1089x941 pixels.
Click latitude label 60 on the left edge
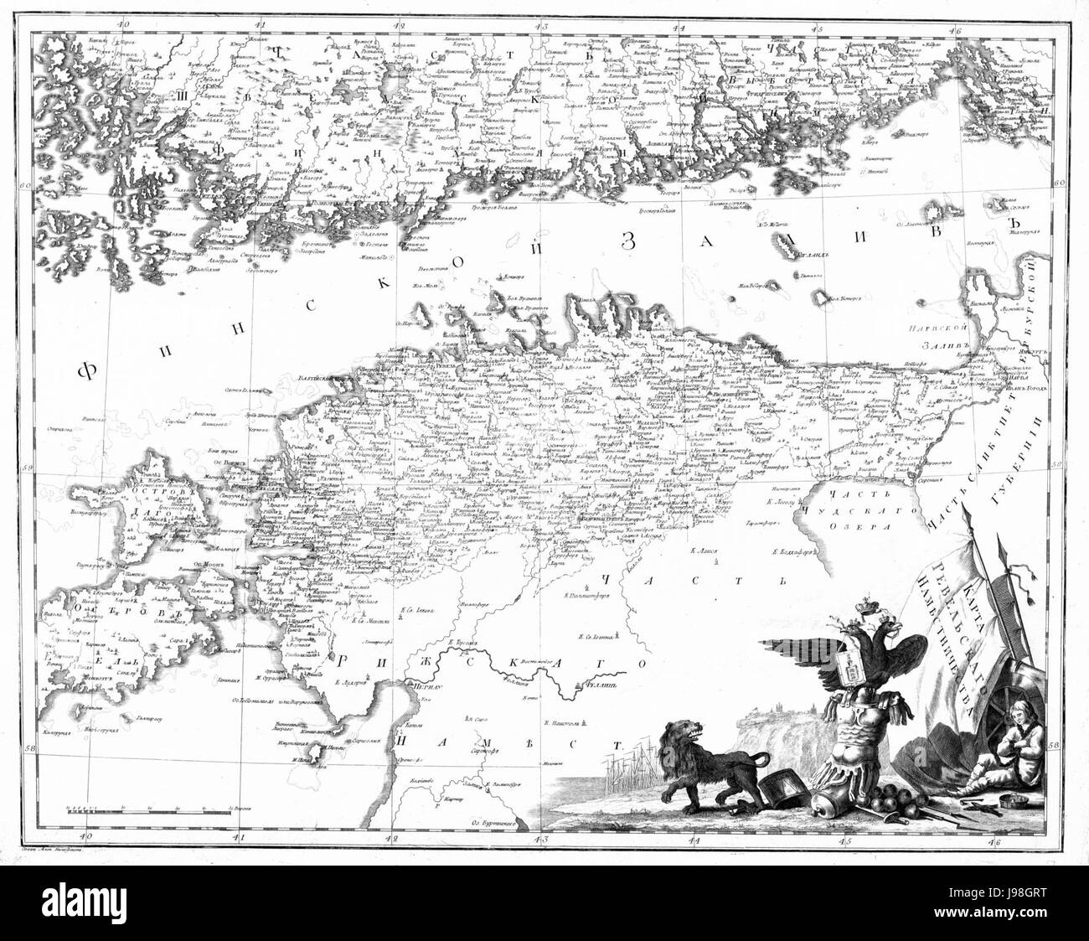point(26,185)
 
